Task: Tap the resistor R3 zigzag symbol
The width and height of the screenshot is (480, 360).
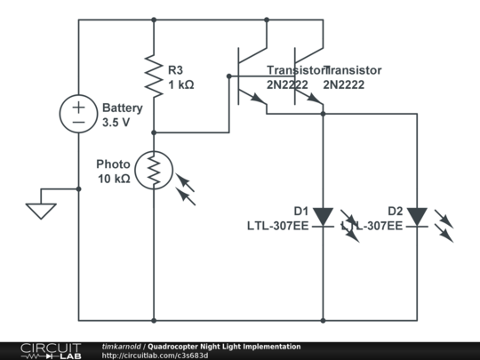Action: pyautogui.click(x=154, y=76)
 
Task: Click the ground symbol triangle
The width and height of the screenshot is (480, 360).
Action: pyautogui.click(x=41, y=211)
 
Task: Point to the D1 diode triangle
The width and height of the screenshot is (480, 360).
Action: pyautogui.click(x=323, y=216)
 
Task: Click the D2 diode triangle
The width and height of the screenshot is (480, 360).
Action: pyautogui.click(x=417, y=216)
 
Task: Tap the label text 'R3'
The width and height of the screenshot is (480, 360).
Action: pyautogui.click(x=177, y=69)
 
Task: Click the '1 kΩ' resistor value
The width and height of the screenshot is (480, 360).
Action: pyautogui.click(x=180, y=84)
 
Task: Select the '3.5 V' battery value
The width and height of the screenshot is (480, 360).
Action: pyautogui.click(x=116, y=122)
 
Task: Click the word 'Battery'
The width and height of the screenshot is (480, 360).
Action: pyautogui.click(x=122, y=107)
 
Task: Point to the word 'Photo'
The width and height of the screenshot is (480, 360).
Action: pyautogui.click(x=114, y=164)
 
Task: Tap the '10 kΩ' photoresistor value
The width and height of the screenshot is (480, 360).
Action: pyautogui.click(x=115, y=179)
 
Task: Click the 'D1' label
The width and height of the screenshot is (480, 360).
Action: pyautogui.click(x=300, y=211)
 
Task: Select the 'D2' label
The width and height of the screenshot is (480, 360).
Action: pyautogui.click(x=395, y=211)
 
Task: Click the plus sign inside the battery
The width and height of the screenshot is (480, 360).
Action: pyautogui.click(x=78, y=105)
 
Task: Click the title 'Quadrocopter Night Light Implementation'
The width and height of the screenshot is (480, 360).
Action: pyautogui.click(x=224, y=347)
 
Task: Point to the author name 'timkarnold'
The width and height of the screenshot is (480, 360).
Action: pyautogui.click(x=122, y=347)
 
